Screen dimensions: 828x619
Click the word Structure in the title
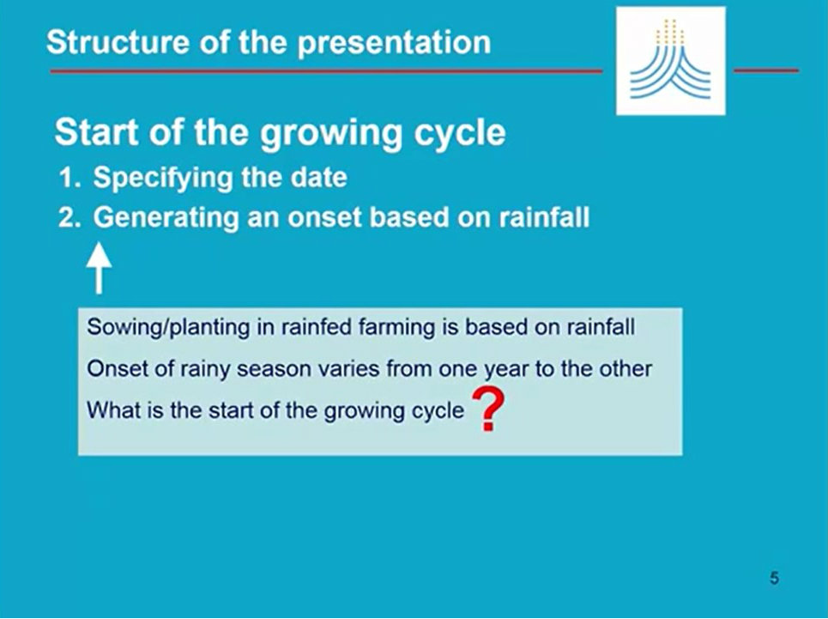pos(118,42)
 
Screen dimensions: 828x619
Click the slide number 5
pos(774,578)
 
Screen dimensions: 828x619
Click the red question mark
pos(488,410)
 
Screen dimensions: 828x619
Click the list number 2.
pos(70,217)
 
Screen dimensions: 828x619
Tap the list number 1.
pos(70,178)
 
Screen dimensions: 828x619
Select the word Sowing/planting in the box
pos(168,327)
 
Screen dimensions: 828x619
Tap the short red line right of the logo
pos(766,70)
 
